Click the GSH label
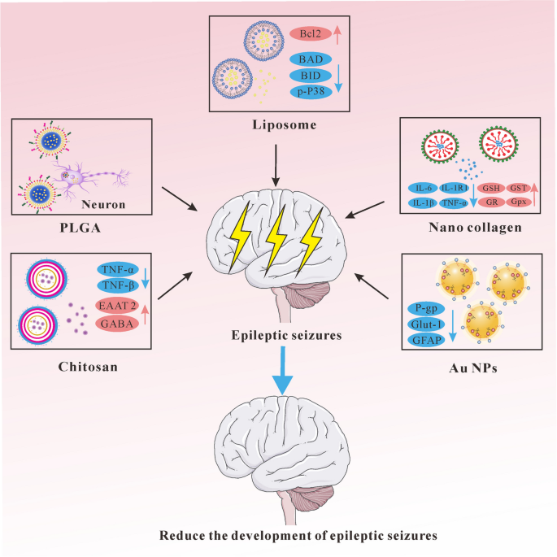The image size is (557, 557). pyautogui.click(x=494, y=186)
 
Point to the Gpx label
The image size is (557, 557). pyautogui.click(x=520, y=201)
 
